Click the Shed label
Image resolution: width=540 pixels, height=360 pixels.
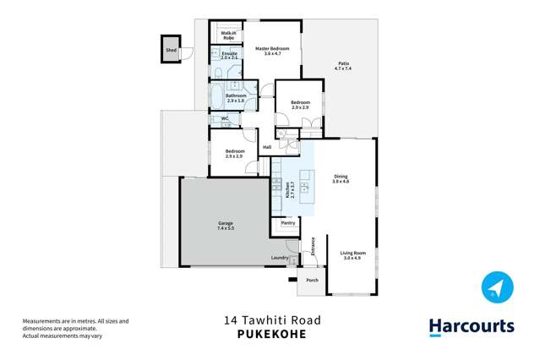[x=172, y=51]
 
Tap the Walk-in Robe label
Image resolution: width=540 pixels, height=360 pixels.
[x=228, y=35]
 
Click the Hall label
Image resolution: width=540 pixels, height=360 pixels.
[x=267, y=147]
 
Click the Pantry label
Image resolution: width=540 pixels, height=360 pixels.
[x=287, y=223]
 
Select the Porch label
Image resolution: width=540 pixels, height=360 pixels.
[x=312, y=280]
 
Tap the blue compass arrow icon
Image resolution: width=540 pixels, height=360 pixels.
[x=497, y=287]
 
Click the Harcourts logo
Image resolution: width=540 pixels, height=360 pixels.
[x=471, y=326]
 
